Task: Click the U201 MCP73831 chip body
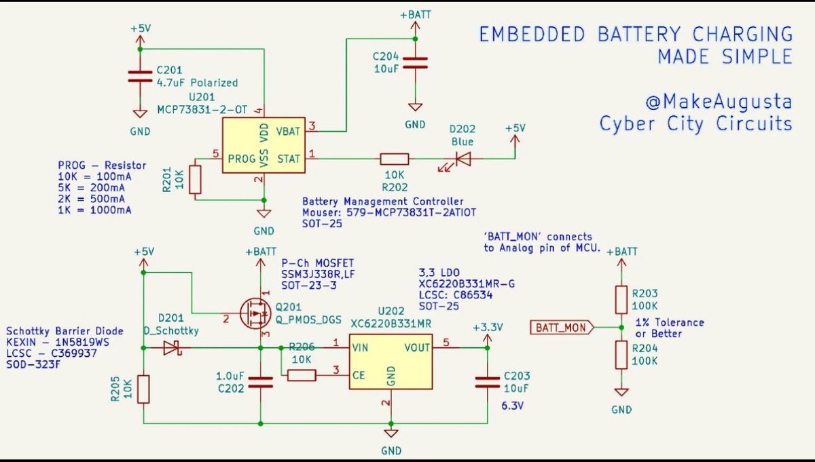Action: (x=264, y=145)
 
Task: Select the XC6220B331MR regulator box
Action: (x=391, y=362)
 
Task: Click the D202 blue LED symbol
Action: (x=463, y=159)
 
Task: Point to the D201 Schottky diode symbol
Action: (x=170, y=348)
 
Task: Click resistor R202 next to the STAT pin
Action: (x=394, y=159)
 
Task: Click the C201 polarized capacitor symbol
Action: (x=140, y=77)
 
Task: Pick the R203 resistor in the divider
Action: (x=621, y=299)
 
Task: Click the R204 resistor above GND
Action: (x=621, y=355)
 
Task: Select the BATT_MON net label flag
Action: (x=561, y=328)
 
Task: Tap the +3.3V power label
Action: (x=487, y=327)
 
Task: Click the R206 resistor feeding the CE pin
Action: (x=301, y=375)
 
